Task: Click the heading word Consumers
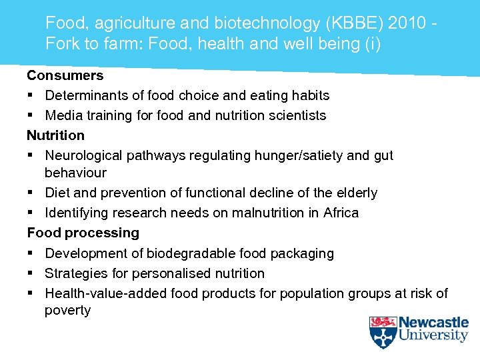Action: coord(65,75)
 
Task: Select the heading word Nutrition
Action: coord(55,135)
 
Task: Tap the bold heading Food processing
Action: coord(83,233)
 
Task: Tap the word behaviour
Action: coord(75,173)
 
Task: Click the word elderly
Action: coord(356,193)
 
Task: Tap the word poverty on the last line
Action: coord(67,311)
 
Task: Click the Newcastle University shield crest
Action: coord(383,331)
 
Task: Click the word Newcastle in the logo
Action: coord(433,323)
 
